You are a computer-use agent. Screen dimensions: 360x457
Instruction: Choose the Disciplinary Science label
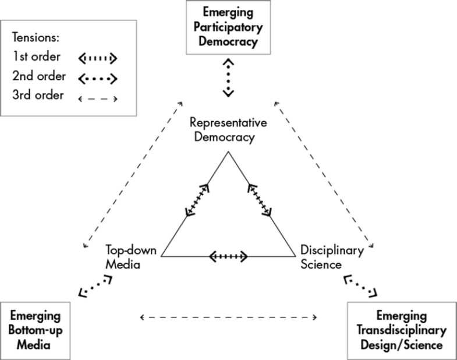pos(332,257)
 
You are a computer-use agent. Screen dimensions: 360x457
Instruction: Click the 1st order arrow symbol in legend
pos(98,58)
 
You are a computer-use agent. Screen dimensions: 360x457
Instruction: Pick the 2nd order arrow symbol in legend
pos(98,76)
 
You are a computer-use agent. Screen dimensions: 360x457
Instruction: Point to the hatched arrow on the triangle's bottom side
pos(228,256)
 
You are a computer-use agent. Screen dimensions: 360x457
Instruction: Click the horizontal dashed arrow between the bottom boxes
pos(228,317)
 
